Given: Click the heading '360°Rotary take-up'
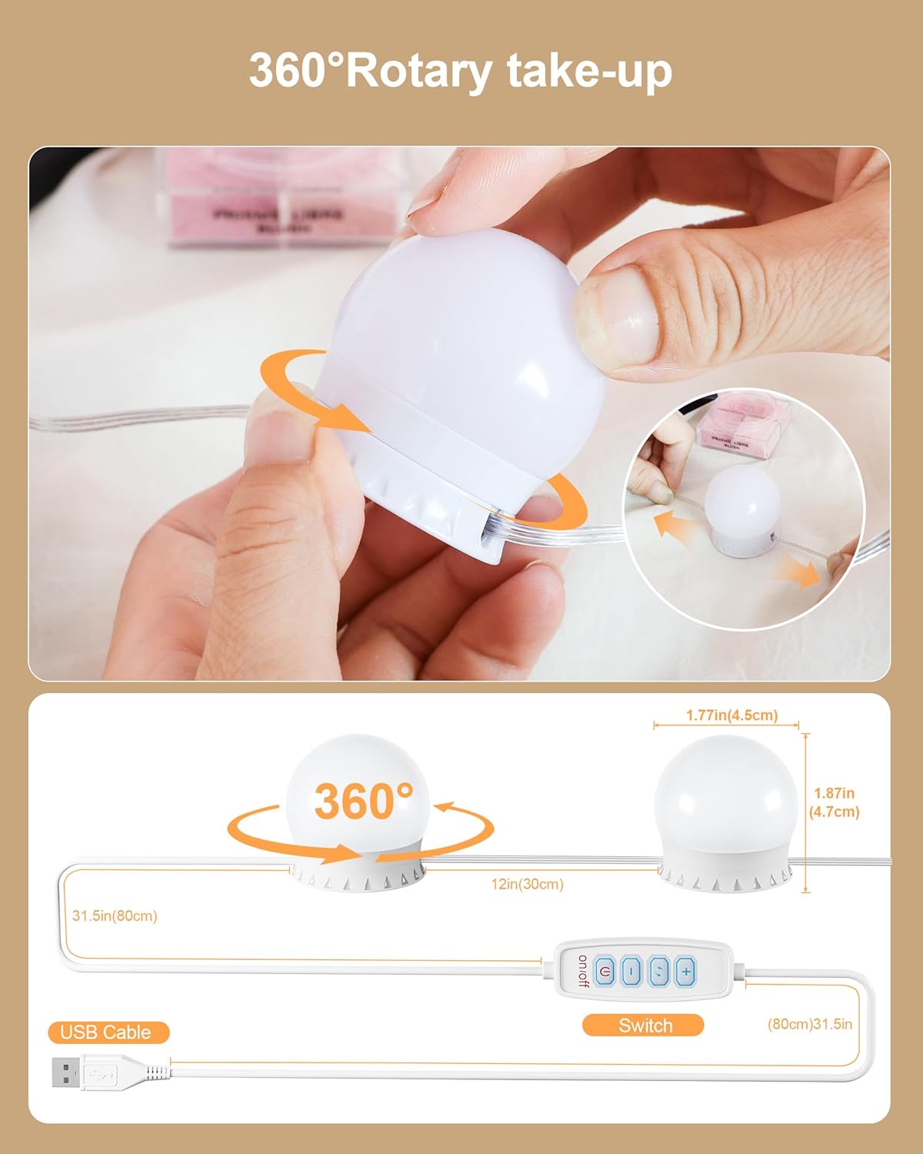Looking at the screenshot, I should click(x=461, y=72).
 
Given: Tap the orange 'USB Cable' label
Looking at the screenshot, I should click(x=105, y=1032).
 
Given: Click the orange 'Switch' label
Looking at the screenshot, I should click(x=645, y=1026).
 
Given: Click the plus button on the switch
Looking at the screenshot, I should click(x=685, y=972).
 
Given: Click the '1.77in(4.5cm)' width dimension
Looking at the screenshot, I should click(x=731, y=715).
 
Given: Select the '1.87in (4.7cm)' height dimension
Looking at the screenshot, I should click(x=835, y=802).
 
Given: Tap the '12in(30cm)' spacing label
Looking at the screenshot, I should click(x=528, y=885).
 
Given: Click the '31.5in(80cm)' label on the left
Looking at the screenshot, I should click(x=115, y=916).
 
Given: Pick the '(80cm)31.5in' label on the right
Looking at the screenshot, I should click(x=810, y=1024).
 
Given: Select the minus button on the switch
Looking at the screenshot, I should click(x=631, y=972).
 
